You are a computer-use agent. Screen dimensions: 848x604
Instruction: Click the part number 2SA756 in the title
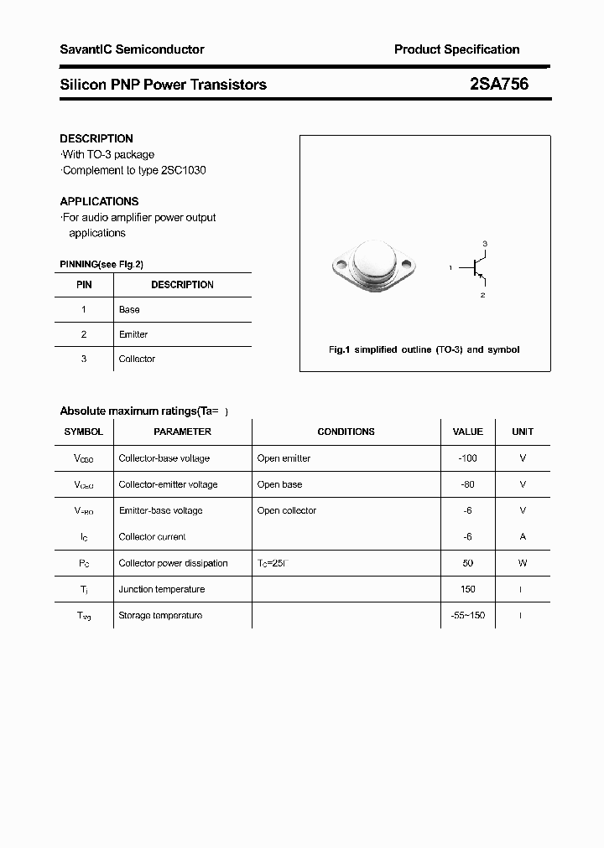point(499,84)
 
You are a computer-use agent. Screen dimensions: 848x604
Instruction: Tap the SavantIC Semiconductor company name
point(132,49)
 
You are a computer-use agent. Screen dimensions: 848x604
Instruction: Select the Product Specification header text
point(456,49)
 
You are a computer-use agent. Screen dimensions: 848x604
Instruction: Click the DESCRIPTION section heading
point(96,138)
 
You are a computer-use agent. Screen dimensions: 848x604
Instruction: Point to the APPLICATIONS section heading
point(99,201)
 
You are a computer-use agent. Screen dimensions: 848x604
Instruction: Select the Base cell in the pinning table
point(129,309)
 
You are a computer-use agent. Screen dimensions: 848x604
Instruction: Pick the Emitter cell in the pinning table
point(133,334)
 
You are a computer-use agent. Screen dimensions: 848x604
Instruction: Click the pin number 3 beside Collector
point(83,359)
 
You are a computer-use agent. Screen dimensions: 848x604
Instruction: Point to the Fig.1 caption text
point(424,349)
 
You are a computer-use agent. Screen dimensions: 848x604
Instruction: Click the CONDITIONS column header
point(346,432)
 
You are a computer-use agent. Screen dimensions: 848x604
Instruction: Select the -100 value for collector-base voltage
point(467,458)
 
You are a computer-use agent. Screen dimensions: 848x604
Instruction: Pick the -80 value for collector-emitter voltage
point(467,484)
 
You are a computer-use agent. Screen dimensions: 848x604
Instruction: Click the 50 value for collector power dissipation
point(467,563)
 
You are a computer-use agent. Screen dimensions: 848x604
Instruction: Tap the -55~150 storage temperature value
point(467,615)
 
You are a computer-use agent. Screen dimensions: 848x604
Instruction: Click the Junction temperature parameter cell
point(162,589)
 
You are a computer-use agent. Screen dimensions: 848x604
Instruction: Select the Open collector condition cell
point(288,510)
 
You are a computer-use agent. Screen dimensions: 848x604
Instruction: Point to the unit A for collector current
point(523,536)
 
